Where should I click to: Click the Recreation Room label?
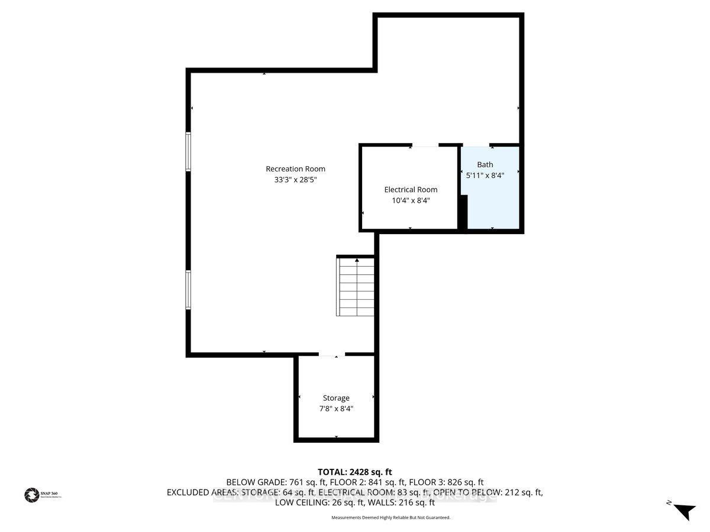[295, 168]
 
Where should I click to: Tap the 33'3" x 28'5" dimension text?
[295, 180]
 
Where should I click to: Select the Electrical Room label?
[411, 189]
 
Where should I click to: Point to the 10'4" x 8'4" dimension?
[411, 200]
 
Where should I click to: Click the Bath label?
[485, 164]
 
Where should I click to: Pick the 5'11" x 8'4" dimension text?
[485, 175]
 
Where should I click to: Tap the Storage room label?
[336, 398]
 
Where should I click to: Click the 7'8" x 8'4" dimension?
[336, 408]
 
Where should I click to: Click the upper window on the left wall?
[189, 151]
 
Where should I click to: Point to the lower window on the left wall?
[189, 289]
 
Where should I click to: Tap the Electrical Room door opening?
[425, 144]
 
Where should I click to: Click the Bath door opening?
[476, 144]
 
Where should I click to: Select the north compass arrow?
[684, 511]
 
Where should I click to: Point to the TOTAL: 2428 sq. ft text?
[355, 472]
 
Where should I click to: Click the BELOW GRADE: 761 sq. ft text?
[266, 482]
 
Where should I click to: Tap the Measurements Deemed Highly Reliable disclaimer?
[390, 518]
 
